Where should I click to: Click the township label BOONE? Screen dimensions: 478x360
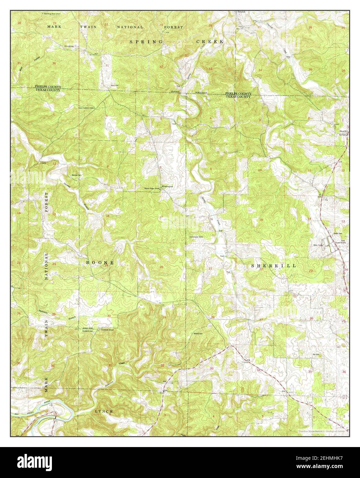pyautogui.click(x=99, y=262)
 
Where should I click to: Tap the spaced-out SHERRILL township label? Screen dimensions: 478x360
pyautogui.click(x=273, y=266)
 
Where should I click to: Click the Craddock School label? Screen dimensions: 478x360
pyautogui.click(x=106, y=329)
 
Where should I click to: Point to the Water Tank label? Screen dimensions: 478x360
pyautogui.click(x=317, y=245)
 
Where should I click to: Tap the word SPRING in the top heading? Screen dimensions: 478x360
pyautogui.click(x=141, y=42)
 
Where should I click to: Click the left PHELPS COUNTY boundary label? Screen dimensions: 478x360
pyautogui.click(x=48, y=87)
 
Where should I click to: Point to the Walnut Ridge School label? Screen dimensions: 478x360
pyautogui.click(x=152, y=188)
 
